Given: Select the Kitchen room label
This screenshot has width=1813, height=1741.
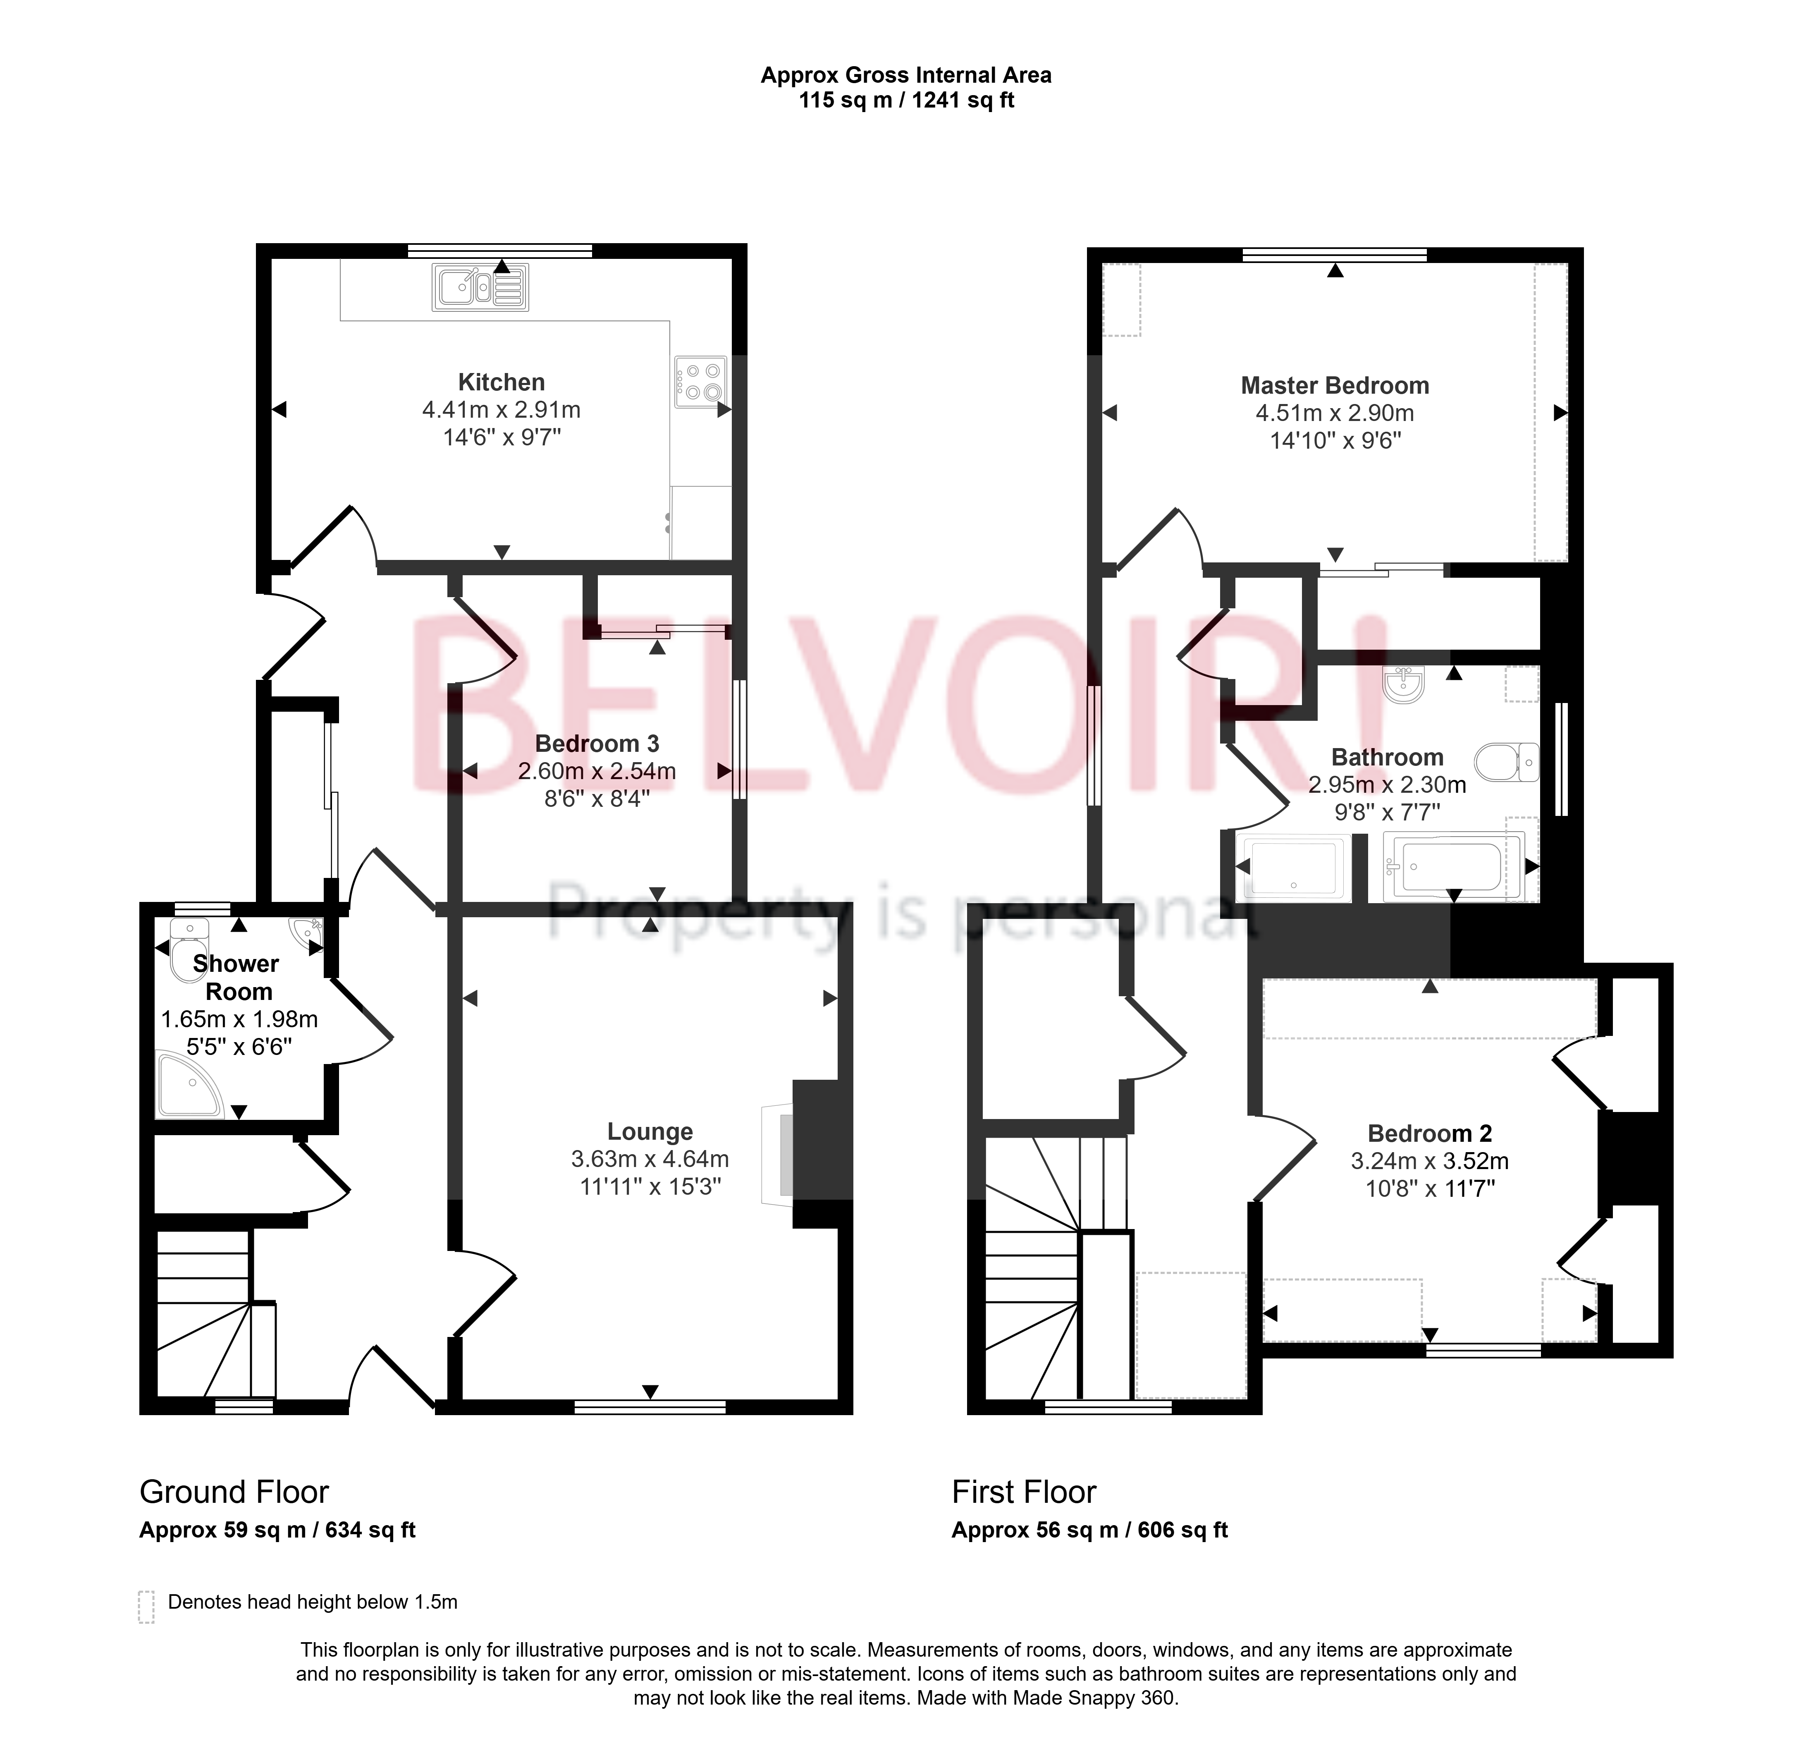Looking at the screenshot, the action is [x=502, y=382].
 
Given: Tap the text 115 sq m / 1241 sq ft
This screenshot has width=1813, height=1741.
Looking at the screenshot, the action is [x=906, y=100].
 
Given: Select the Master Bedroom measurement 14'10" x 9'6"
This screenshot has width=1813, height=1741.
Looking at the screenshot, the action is [x=1335, y=440].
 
